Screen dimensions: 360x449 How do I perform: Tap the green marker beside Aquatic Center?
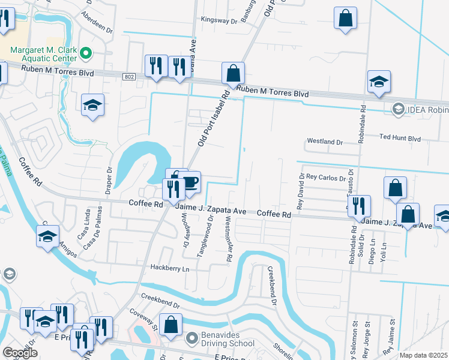(86, 53)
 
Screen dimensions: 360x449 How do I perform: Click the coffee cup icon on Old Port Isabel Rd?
(190, 182)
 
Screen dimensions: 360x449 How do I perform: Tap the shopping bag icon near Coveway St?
(171, 325)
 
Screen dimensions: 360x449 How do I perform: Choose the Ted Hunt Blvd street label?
(400, 137)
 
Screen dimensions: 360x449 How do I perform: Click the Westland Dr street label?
(324, 142)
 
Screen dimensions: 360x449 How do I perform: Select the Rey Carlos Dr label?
(326, 178)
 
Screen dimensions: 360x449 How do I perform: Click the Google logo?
(20, 353)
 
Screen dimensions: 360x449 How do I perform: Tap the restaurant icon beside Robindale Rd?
(359, 205)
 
